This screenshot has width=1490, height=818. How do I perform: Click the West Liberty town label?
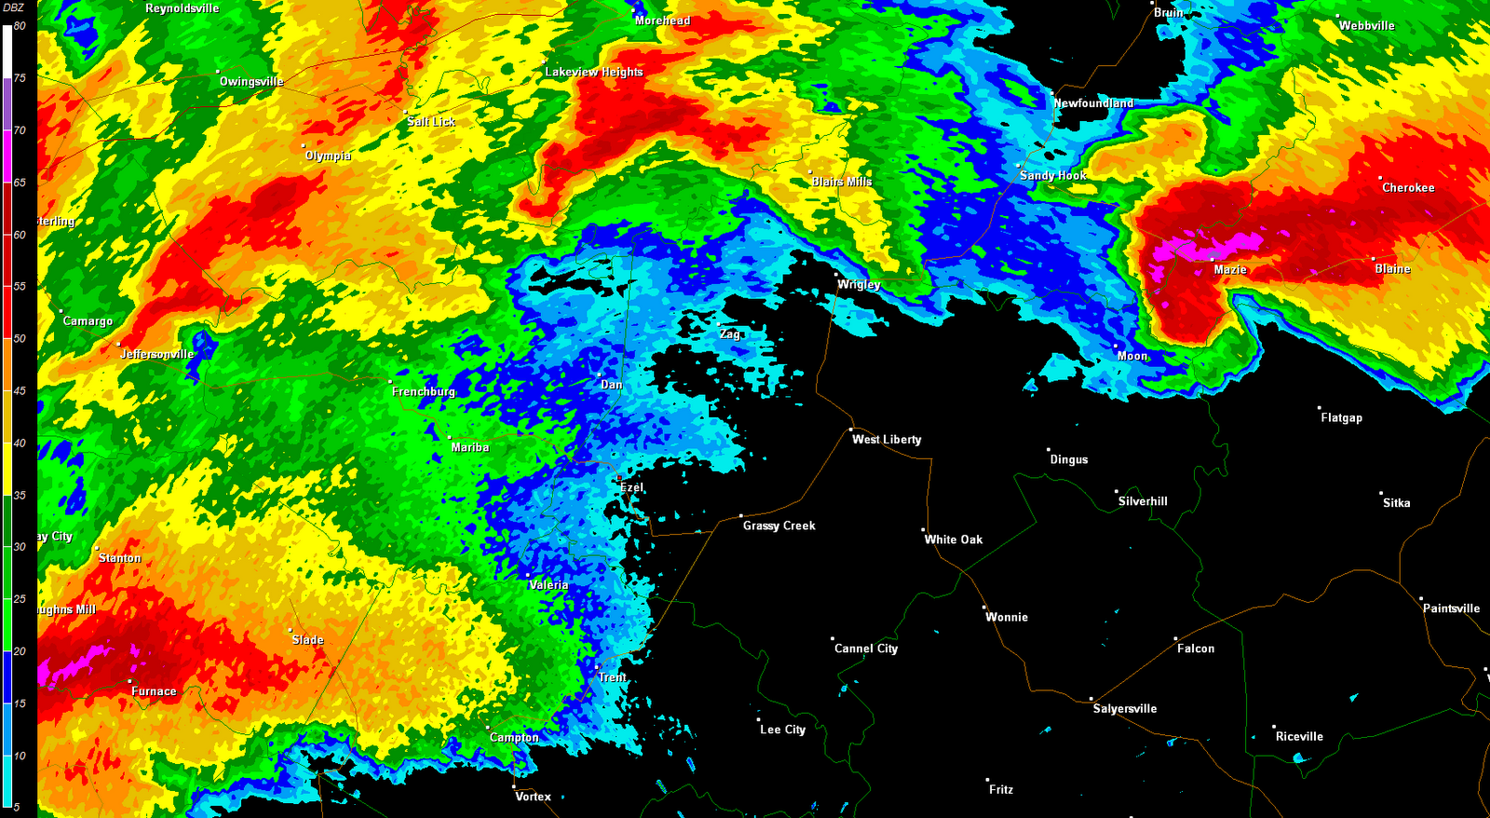pyautogui.click(x=887, y=440)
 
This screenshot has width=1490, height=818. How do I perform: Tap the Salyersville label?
pyautogui.click(x=1125, y=709)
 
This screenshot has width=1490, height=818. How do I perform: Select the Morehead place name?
pyautogui.click(x=662, y=20)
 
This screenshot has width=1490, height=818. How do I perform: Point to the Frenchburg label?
pyautogui.click(x=424, y=392)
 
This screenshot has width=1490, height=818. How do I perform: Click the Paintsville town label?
pyautogui.click(x=1451, y=608)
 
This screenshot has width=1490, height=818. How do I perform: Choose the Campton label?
pyautogui.click(x=514, y=738)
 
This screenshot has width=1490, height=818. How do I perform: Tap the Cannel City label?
pyautogui.click(x=866, y=648)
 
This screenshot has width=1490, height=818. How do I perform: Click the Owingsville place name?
pyautogui.click(x=251, y=82)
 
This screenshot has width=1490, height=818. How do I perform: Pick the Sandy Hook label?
pyautogui.click(x=1053, y=175)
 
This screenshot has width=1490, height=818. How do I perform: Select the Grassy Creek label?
pyautogui.click(x=779, y=526)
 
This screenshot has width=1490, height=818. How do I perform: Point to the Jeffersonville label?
pyautogui.click(x=157, y=354)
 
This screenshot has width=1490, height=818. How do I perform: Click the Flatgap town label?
pyautogui.click(x=1341, y=418)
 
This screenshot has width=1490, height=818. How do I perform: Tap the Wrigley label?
pyautogui.click(x=859, y=285)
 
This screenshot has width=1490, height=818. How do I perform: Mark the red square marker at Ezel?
pyautogui.click(x=619, y=479)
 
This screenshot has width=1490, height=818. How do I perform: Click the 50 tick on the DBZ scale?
pyautogui.click(x=20, y=339)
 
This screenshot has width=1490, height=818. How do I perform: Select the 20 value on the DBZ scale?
pyautogui.click(x=20, y=652)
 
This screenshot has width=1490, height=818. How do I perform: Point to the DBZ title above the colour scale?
pyautogui.click(x=14, y=7)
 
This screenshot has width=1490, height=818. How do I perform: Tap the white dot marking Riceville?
pyautogui.click(x=1274, y=728)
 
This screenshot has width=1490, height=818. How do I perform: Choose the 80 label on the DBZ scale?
pyautogui.click(x=20, y=26)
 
